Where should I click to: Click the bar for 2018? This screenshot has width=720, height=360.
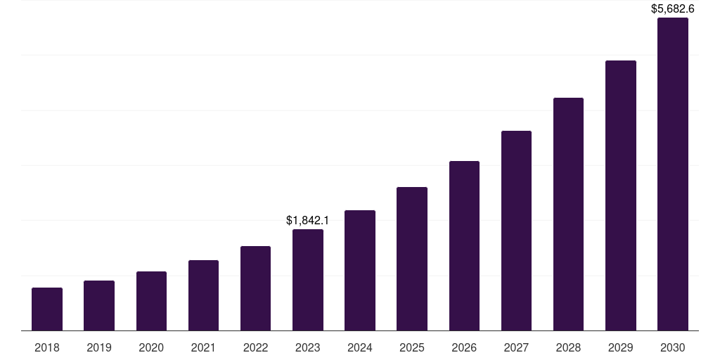click(47, 309)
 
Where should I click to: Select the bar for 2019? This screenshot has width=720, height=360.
click(99, 305)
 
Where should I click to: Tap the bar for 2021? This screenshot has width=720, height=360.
click(203, 295)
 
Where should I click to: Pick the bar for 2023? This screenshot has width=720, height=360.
click(308, 280)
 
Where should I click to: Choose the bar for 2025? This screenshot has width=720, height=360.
click(412, 259)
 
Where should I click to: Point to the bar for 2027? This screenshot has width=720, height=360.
click(516, 231)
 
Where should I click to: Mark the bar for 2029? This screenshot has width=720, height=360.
click(621, 195)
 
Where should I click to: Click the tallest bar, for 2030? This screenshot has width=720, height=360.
click(673, 174)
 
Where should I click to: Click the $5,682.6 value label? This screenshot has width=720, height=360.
click(673, 9)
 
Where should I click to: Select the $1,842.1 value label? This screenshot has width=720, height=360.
click(308, 220)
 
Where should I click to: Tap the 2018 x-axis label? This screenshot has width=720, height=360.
click(47, 347)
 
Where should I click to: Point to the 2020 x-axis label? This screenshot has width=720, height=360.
click(151, 347)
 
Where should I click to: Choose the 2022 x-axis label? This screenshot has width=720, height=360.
click(255, 347)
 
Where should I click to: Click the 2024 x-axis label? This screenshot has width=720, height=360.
click(360, 347)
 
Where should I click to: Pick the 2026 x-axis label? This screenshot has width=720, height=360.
click(464, 347)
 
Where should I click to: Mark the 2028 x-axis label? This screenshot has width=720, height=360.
click(568, 347)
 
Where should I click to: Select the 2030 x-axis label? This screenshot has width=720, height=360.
click(673, 347)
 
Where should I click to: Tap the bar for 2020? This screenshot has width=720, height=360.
click(151, 301)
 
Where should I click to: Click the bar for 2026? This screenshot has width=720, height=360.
click(464, 245)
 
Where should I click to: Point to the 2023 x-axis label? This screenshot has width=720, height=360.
click(308, 347)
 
